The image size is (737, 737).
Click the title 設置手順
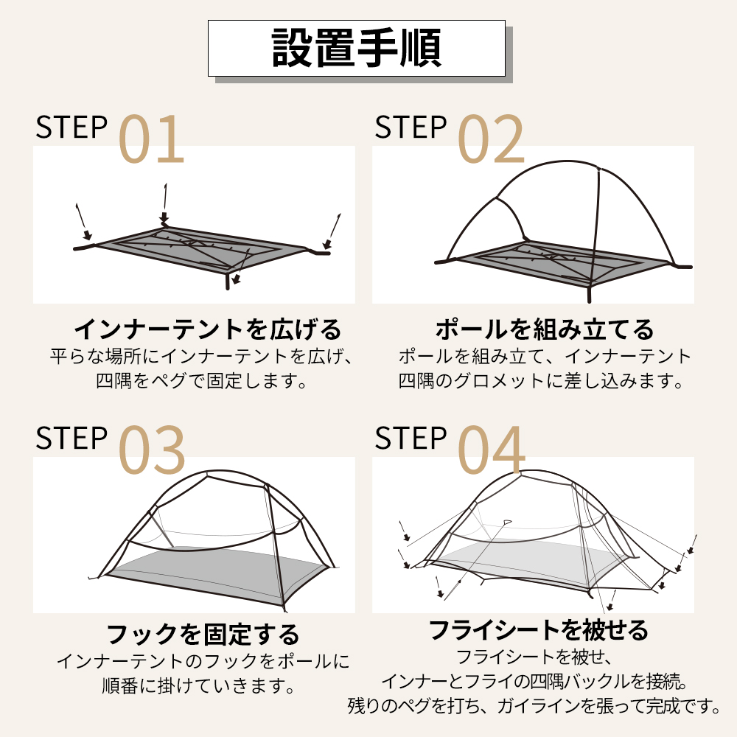357,48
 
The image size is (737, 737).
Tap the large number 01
151,140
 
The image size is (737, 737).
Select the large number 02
491,140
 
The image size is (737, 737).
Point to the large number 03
152,451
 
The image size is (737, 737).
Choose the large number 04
492,451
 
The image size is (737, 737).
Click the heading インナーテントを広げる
208,329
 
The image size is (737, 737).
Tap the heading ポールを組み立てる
545,329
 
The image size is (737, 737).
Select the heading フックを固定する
203,634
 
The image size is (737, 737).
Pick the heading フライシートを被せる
539,630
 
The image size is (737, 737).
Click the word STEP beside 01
71,128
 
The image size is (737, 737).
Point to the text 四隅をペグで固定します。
201,382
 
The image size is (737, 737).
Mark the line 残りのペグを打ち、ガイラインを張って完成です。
534,706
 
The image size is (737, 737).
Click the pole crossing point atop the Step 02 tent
599,170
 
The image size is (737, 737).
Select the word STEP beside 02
411,128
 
